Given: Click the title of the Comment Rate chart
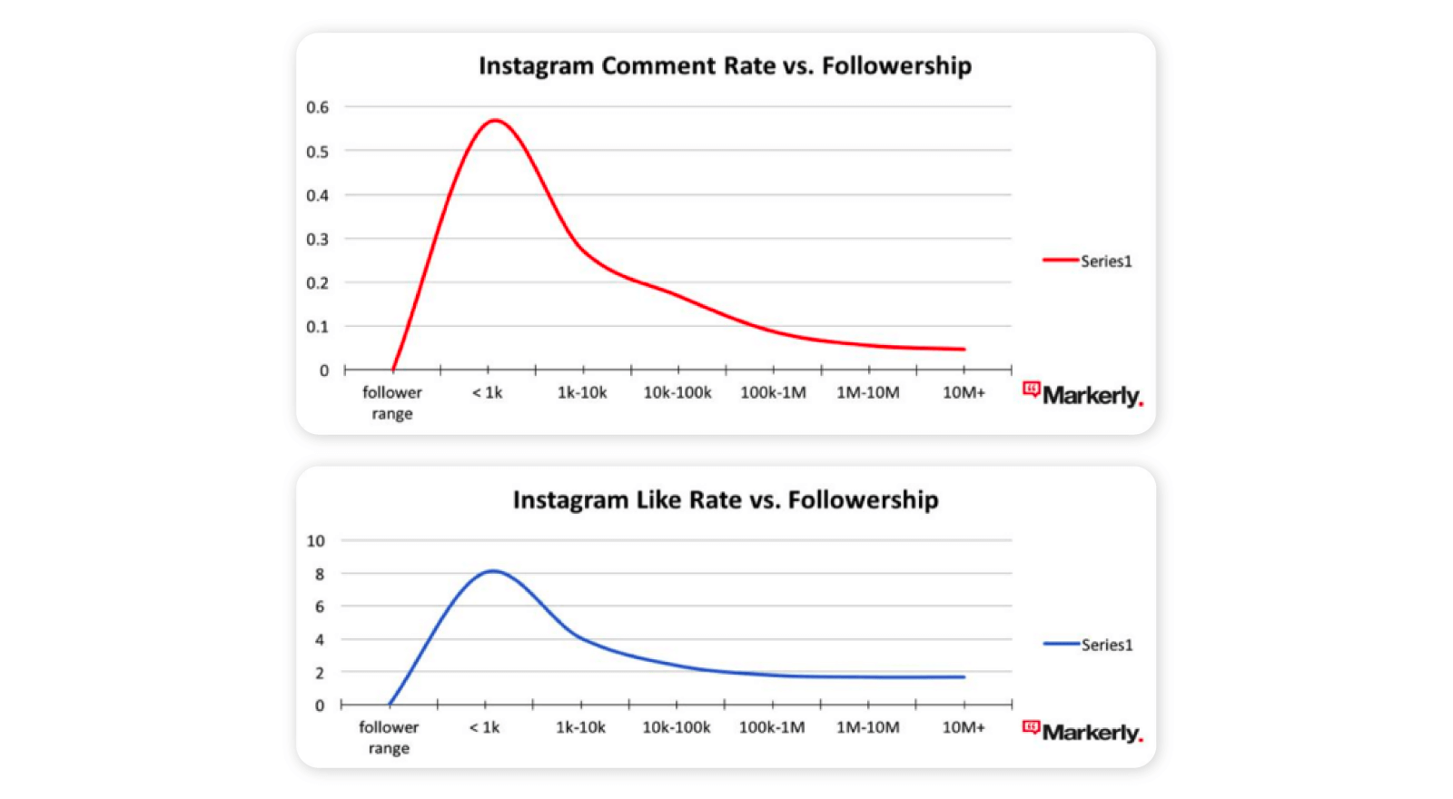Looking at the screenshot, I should click(x=725, y=66).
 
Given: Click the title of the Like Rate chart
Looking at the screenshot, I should click(x=725, y=500).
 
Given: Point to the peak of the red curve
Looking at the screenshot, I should click(x=495, y=120).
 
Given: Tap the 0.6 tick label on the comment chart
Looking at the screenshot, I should click(x=317, y=107).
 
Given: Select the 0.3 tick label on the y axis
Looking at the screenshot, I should click(x=317, y=240).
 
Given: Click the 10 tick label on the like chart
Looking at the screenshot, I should click(x=315, y=541).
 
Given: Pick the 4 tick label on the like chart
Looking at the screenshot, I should click(x=320, y=640).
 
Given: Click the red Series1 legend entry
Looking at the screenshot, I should click(x=1088, y=261).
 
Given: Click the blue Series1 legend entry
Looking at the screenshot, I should click(x=1088, y=646).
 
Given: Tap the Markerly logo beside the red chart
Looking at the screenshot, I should click(x=1083, y=395).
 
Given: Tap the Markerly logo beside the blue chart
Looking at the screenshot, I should click(x=1083, y=732).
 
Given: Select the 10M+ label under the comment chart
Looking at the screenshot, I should click(x=964, y=393).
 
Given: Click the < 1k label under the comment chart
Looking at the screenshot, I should click(x=487, y=393).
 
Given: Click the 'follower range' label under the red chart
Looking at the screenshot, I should click(x=392, y=403).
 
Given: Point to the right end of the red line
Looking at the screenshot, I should click(x=964, y=350).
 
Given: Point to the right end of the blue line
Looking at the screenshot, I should click(x=964, y=677).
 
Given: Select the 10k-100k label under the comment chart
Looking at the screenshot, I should click(x=677, y=393).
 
